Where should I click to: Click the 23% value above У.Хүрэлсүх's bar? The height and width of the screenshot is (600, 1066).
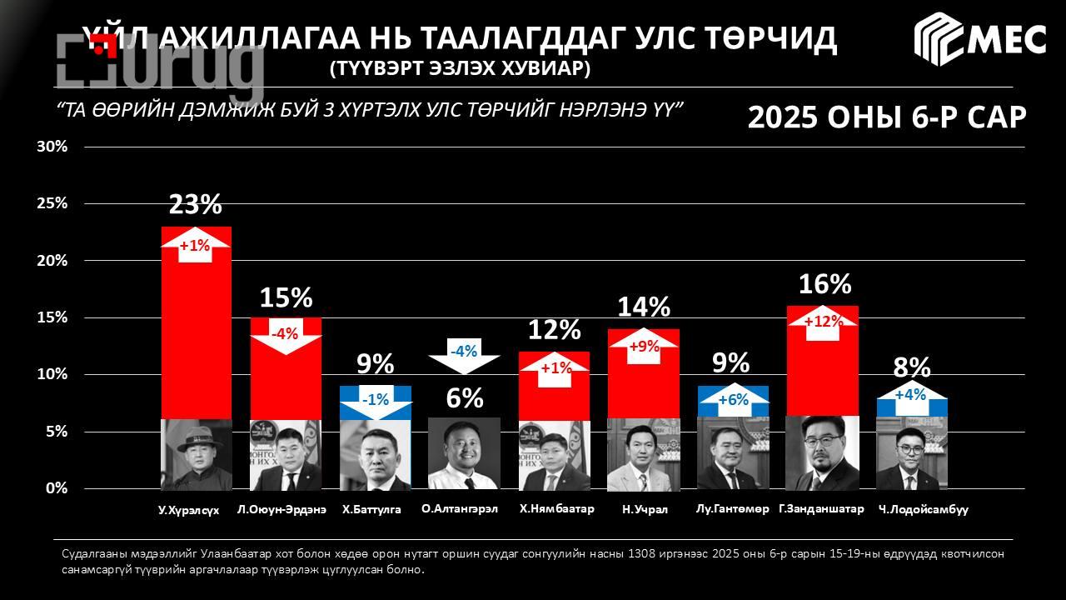click(196, 205)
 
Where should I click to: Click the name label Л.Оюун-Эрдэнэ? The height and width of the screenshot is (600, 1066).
click(281, 509)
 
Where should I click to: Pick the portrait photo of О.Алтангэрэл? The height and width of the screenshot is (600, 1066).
click(464, 453)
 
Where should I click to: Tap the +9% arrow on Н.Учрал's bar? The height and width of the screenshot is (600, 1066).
click(644, 347)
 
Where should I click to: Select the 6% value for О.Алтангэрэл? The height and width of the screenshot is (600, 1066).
click(465, 398)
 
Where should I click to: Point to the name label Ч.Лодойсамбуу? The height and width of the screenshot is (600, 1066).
click(923, 509)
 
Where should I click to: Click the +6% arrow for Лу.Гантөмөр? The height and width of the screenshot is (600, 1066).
click(733, 400)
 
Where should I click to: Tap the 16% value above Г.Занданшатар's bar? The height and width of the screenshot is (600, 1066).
click(824, 285)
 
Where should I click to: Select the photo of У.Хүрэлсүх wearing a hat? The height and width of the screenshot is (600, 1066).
click(196, 454)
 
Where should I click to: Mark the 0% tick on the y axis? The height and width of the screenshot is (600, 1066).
click(56, 488)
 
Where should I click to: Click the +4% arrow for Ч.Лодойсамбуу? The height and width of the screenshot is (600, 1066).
click(910, 395)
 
